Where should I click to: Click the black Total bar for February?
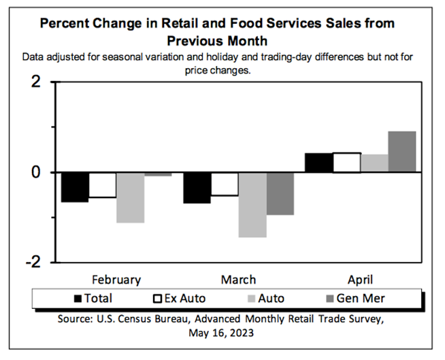point(75,187)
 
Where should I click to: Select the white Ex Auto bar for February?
point(102,185)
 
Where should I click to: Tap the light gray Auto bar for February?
point(130,197)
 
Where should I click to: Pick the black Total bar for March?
point(197,188)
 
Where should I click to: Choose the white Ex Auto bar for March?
point(224,184)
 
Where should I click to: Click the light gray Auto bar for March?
point(252,205)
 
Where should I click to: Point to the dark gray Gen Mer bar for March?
point(280,194)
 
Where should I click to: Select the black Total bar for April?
point(318,163)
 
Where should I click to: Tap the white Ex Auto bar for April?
point(346,163)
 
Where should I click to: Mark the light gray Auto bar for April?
point(374,163)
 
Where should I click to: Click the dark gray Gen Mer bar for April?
point(402,152)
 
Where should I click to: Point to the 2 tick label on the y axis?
point(36,83)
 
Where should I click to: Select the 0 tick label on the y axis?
point(36,173)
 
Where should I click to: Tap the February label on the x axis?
point(116,280)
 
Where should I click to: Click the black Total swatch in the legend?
point(78,298)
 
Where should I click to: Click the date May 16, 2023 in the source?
point(222,333)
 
